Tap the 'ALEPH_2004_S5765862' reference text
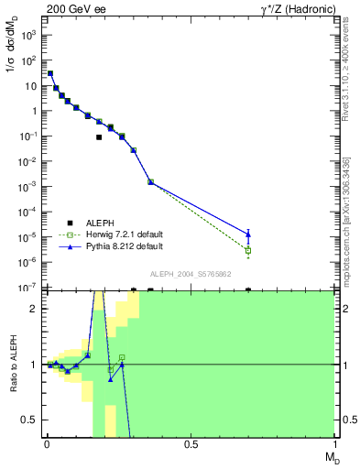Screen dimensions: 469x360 (x=190, y=274)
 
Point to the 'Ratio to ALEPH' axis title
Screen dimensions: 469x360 (x=12, y=364)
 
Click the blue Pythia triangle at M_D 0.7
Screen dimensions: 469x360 (x=248, y=234)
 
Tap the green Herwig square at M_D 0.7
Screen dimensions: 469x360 (x=248, y=250)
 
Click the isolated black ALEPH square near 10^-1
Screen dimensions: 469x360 (x=99, y=137)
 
